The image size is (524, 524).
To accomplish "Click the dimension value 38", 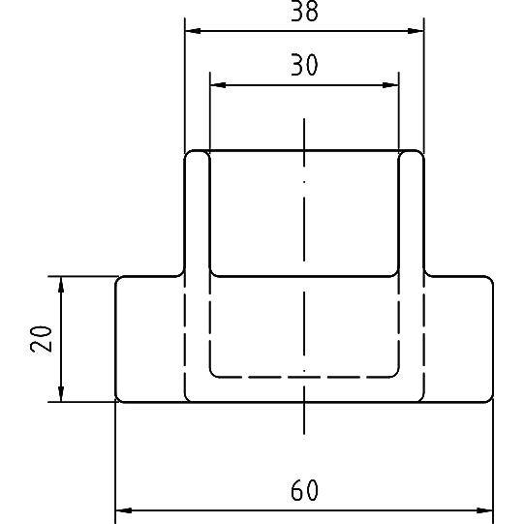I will click(x=304, y=12).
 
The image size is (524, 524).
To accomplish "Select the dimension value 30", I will click(x=304, y=65).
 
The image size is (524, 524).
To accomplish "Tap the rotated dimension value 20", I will click(x=42, y=338).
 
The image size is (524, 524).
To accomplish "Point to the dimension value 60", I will click(x=304, y=491).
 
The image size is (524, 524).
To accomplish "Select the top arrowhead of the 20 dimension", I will click(x=61, y=284).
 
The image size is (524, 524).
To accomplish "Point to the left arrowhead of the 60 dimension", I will click(x=123, y=509).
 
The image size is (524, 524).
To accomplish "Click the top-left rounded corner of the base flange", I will click(x=119, y=280).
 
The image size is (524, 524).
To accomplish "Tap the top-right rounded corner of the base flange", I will click(x=490, y=280).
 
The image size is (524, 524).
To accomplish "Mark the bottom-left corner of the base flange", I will click(x=118, y=398).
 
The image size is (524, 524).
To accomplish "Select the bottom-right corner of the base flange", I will click(x=491, y=398).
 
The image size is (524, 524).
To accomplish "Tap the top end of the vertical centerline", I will click(x=304, y=120).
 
